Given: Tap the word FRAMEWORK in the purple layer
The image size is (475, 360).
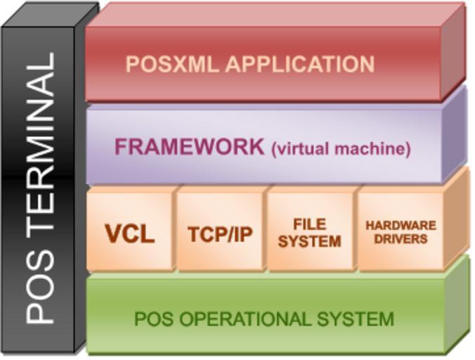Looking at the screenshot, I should (x=190, y=148).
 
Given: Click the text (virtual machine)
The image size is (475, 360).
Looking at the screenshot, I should (x=340, y=149).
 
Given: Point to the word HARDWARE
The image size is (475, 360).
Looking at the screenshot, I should (x=401, y=226).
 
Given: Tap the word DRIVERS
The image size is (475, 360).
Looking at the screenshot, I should (x=401, y=239).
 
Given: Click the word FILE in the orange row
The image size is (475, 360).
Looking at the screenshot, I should (x=310, y=224).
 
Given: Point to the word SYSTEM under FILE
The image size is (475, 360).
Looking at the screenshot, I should (x=310, y=241).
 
